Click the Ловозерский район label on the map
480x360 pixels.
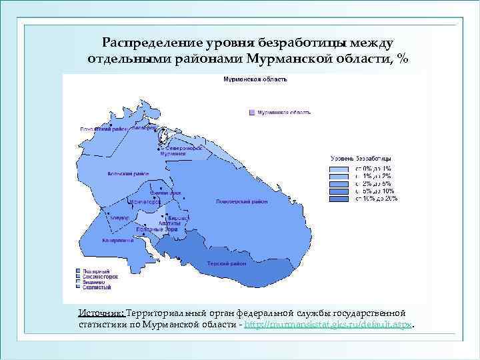(241, 201)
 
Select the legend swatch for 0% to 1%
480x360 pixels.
(341, 169)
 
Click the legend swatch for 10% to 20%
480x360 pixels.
(341, 199)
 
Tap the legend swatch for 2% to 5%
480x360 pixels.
(341, 183)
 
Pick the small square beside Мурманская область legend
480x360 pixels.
(251, 113)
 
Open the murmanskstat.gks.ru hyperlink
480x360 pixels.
(329, 324)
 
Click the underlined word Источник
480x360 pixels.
(101, 313)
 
